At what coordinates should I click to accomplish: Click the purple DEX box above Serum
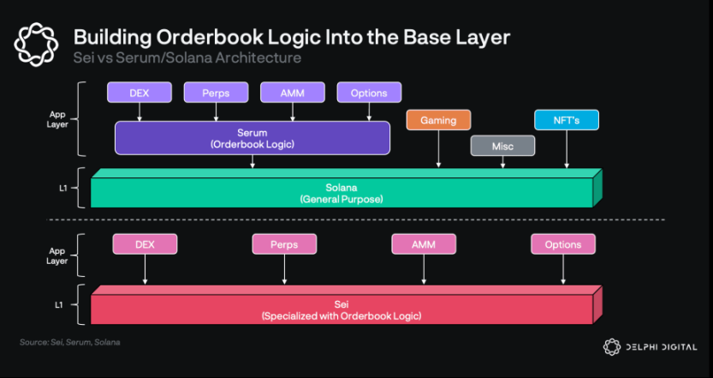coord(139,93)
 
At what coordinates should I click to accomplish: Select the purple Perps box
coord(216,93)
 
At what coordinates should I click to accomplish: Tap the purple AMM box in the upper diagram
coord(292,93)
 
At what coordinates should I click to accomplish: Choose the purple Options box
coord(369,93)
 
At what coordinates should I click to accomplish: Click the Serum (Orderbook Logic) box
coord(253,138)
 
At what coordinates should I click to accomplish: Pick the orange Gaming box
coord(438,120)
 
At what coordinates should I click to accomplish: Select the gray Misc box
coord(502,146)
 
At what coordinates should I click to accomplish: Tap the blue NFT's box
coord(566,120)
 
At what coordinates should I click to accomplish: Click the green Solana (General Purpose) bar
coord(342,193)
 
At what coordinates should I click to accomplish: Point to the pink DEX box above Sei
coord(145,244)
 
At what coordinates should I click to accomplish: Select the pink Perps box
coord(284,244)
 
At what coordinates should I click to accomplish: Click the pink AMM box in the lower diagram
coord(424,244)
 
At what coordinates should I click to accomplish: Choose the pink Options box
coord(562,244)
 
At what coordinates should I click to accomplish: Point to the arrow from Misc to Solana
coord(502,162)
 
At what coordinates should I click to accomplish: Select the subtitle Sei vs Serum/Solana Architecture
coord(187,57)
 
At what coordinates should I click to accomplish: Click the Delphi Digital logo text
coord(662,347)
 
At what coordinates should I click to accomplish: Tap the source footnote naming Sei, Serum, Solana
coord(69,342)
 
